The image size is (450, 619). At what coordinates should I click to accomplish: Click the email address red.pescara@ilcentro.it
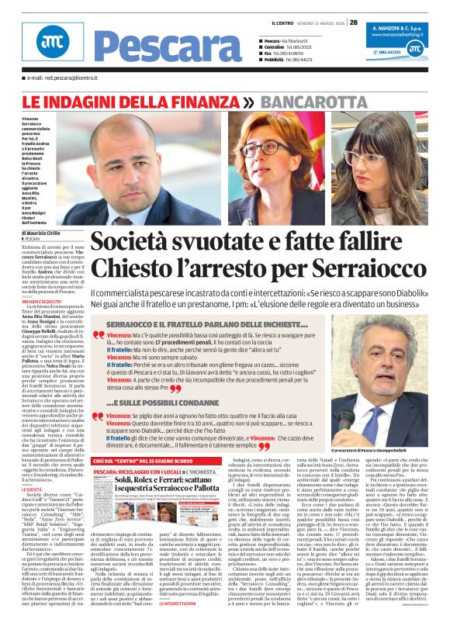[75, 78]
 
